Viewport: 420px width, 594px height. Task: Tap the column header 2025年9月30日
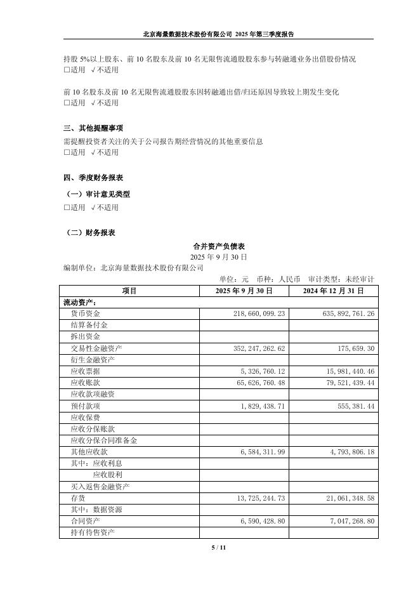point(244,291)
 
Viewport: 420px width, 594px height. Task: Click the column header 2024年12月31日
point(334,291)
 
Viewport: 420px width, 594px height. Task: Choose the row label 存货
point(77,498)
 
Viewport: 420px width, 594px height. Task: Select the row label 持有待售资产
point(93,532)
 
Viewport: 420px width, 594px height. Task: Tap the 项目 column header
point(129,291)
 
